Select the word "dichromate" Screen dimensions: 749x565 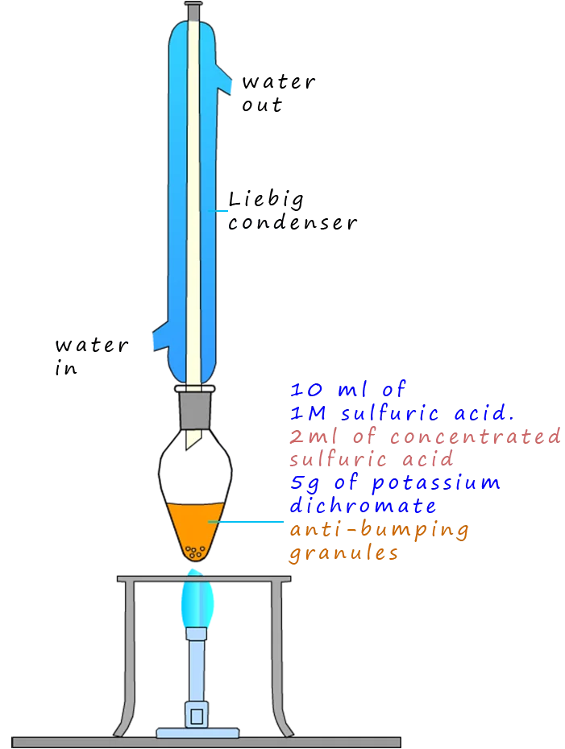pos(364,507)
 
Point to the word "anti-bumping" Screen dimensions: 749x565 pos(380,530)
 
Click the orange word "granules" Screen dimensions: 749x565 pos(343,554)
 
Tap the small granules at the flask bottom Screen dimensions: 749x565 pos(194,552)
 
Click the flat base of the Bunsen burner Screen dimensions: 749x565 pos(197,734)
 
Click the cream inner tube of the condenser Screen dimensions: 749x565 pos(193,201)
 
